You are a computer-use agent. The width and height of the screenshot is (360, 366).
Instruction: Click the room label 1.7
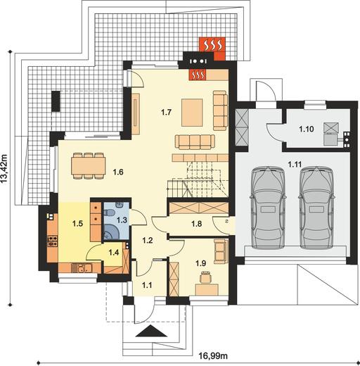tap(166, 113)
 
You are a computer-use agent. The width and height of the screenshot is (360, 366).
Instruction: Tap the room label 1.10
tap(307, 129)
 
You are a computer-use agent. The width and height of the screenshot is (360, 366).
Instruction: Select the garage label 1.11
tap(295, 165)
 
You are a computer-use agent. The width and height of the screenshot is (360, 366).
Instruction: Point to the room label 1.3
tap(122, 220)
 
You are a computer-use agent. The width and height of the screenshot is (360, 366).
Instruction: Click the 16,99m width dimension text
tap(213, 356)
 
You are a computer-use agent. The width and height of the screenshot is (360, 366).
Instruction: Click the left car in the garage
tap(269, 208)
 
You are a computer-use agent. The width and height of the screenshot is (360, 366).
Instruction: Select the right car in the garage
tap(316, 208)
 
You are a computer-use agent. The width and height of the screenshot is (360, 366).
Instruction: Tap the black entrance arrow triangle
tap(152, 331)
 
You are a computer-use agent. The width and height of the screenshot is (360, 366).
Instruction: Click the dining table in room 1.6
tap(88, 166)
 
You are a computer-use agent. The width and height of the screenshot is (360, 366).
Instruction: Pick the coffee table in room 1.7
tap(192, 113)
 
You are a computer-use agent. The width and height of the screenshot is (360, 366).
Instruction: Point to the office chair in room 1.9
tap(206, 277)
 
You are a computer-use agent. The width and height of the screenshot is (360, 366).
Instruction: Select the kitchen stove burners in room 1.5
tap(53, 241)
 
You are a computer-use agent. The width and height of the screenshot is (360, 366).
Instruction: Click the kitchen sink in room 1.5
tap(82, 268)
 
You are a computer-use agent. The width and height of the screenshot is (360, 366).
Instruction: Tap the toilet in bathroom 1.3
tap(110, 213)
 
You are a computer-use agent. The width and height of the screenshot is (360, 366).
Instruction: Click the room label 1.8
tap(196, 224)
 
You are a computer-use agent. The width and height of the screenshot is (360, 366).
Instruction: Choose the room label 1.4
tap(114, 253)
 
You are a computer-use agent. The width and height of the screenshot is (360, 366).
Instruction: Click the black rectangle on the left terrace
tap(56, 101)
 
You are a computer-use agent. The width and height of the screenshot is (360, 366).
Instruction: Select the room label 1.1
tap(147, 285)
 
